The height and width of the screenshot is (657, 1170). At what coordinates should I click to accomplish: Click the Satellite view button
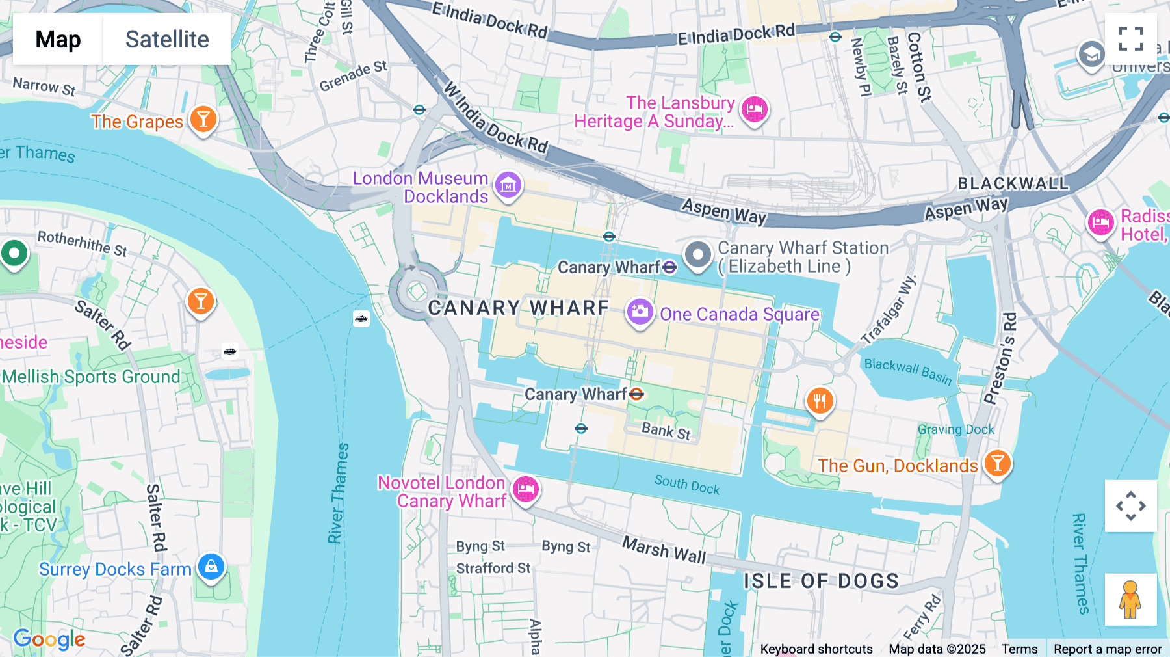(x=167, y=39)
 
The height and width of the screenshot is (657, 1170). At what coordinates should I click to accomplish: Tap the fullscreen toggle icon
(x=1130, y=39)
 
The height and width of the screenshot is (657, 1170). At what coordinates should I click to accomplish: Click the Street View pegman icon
(x=1130, y=599)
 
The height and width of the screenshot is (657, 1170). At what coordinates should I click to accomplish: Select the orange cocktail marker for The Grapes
(x=203, y=119)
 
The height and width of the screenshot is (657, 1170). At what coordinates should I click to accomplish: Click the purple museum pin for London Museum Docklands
(x=508, y=185)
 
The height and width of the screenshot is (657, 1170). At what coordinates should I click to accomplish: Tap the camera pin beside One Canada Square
(x=640, y=312)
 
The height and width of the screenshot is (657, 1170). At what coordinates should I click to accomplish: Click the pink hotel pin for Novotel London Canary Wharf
(x=525, y=489)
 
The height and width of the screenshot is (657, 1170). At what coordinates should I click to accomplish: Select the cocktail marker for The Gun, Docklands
(x=997, y=463)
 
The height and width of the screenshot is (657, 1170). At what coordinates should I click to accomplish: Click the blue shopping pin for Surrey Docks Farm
(x=211, y=567)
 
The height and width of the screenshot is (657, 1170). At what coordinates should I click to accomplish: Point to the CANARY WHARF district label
(x=519, y=308)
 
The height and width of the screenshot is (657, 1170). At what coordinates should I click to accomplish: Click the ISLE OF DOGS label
(x=821, y=581)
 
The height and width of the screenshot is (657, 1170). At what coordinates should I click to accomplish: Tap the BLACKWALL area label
(x=1013, y=183)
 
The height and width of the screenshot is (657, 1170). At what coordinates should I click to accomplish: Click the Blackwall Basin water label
(x=907, y=371)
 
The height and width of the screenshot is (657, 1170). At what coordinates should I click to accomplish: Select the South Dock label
(x=687, y=485)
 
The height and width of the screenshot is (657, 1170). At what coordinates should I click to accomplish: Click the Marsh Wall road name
(x=664, y=550)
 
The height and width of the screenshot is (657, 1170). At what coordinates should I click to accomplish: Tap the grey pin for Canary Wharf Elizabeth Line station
(x=697, y=254)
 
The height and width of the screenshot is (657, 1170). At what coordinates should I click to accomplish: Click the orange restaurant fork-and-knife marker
(x=820, y=401)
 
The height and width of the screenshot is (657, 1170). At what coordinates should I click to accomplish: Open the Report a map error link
(x=1107, y=649)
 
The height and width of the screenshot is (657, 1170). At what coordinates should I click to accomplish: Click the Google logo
(x=49, y=639)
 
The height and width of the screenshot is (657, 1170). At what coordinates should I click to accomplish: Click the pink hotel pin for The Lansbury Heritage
(x=754, y=109)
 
